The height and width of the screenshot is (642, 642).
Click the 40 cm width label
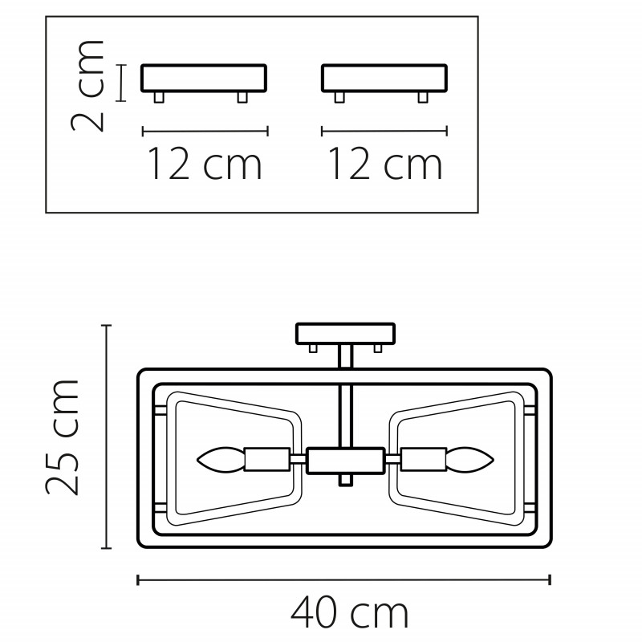point(349,612)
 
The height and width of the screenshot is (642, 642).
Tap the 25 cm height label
point(62,437)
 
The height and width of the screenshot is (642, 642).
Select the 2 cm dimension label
point(87,86)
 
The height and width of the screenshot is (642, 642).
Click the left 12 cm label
point(205,164)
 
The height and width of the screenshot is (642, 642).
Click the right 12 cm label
point(385,164)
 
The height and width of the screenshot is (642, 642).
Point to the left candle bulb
point(220,460)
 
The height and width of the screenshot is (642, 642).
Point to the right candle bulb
point(469,460)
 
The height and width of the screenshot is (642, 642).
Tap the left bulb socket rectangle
point(267,460)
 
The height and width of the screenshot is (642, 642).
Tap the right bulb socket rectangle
point(424,460)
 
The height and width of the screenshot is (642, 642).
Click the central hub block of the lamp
point(346,461)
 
